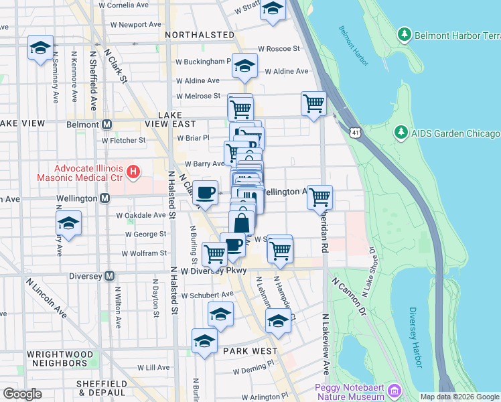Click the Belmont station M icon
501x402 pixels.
pos(107,124)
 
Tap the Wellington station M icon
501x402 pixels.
pos(104,198)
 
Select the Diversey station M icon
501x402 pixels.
pos(110,275)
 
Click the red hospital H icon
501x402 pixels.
pos(133,172)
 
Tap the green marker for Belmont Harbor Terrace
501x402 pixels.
pos(404,33)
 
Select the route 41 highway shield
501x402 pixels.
pos(353,133)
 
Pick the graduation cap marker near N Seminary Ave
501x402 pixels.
pos(41,48)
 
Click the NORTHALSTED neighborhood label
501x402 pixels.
pos(199,34)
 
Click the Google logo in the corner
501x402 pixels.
pos(22,394)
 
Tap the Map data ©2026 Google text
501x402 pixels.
pos(459,397)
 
